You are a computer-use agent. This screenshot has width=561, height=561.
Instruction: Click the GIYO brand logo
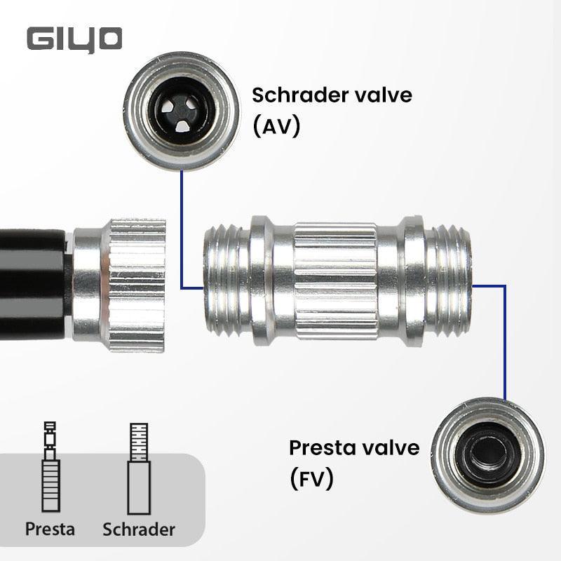(75, 39)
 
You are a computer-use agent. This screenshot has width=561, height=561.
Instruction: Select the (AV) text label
(276, 126)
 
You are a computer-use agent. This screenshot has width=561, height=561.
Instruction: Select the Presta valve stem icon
(49, 466)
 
